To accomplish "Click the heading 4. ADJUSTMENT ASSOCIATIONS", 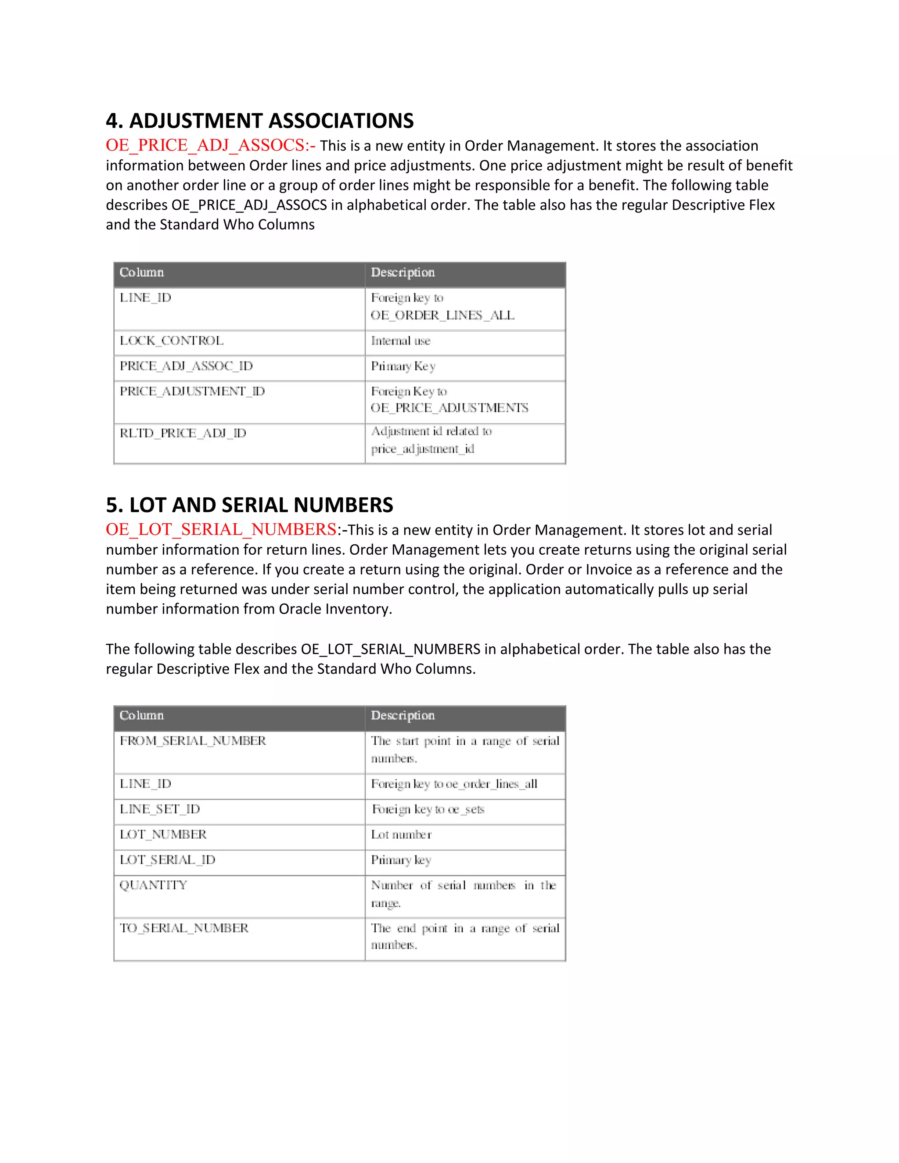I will coord(259,121).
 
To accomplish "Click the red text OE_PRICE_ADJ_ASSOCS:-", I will coord(210,145).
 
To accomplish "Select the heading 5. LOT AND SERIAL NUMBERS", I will coord(249,505).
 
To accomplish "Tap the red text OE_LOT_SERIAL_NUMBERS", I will coord(221,529).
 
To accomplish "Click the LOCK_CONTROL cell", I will coord(172,341).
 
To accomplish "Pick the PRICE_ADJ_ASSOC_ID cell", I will coord(186,366).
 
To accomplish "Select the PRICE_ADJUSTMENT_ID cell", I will coord(192,391).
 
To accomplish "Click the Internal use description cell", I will coord(400,341).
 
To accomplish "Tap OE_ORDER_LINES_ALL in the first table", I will coord(442,315).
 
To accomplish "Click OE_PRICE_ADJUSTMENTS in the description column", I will coord(449,408).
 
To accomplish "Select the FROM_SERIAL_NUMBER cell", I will coord(192,741).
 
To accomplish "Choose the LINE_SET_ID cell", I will coord(160,809).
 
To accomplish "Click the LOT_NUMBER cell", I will coord(163,834).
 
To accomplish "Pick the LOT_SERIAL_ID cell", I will coord(167,860).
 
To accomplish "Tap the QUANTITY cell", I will coord(153,885).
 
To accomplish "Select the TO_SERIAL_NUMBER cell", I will coord(184,928).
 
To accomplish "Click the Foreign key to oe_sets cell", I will coord(428,809).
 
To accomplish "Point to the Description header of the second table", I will coord(403,716).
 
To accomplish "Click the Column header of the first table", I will coord(142,273).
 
